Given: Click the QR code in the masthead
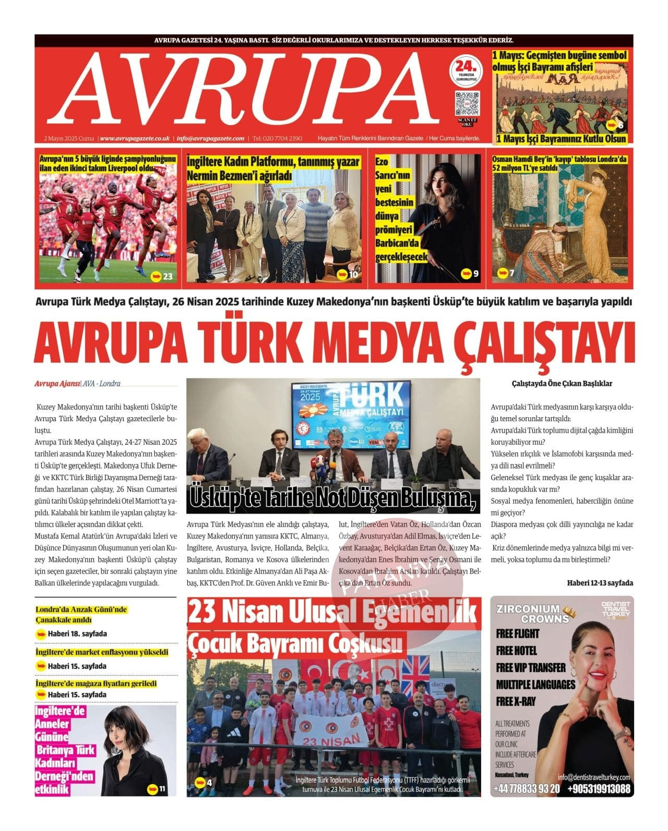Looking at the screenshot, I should coord(467,103).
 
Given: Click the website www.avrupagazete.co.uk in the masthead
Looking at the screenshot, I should coord(135,139).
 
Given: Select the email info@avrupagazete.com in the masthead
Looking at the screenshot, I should coord(210,139).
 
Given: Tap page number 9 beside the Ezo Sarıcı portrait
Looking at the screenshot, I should coord(475,274).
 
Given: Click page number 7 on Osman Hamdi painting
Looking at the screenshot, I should coord(511,273).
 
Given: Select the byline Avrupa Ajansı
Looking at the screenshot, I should coord(57,384).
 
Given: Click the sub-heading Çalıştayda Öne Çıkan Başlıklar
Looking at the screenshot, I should coord(562,384).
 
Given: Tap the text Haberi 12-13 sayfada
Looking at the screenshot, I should coord(600,583).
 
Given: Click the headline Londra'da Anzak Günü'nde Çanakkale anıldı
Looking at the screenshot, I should coord(81,615).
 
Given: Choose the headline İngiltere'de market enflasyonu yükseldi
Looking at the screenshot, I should coord(102,652).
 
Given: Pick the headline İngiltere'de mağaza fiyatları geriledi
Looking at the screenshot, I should coord(96,683).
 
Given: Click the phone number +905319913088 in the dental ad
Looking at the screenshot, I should coord(599,789).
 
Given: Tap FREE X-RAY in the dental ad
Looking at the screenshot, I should coord(516,701).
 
